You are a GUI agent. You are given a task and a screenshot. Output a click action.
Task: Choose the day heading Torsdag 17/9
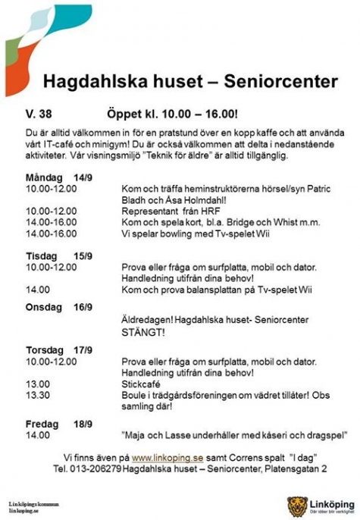point(55,351)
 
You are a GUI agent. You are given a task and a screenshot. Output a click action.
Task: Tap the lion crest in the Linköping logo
point(296,505)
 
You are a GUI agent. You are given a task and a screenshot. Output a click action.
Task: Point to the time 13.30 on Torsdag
point(38,395)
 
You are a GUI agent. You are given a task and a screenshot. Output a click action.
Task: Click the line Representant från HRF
point(175,211)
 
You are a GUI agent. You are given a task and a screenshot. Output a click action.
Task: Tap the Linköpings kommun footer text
point(33,503)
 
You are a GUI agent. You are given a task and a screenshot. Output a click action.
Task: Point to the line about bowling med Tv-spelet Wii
point(189,233)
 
